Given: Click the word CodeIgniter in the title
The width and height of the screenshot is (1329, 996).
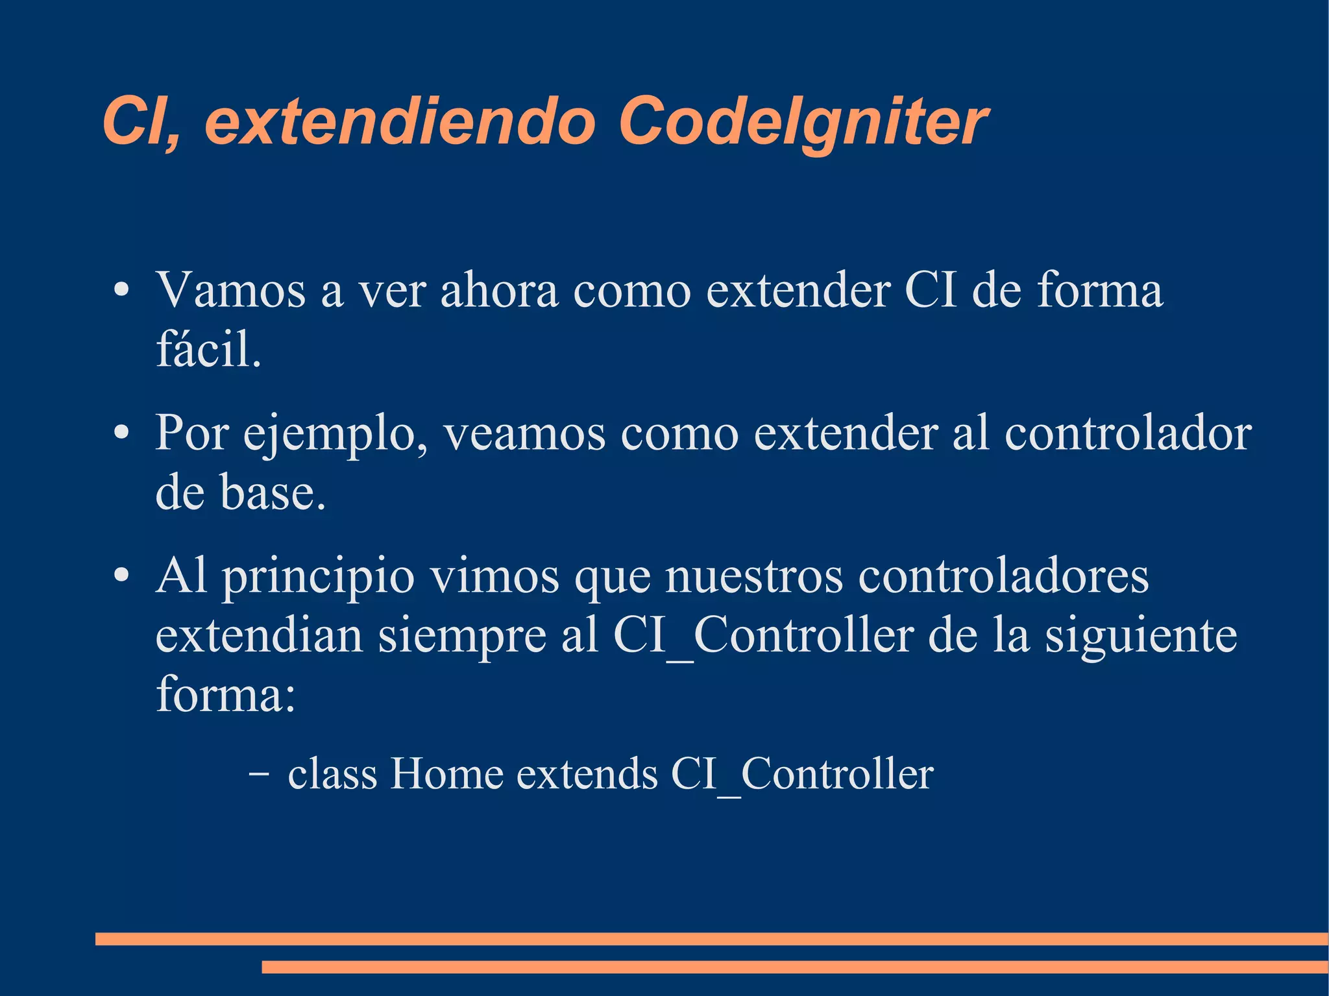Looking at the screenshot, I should pyautogui.click(x=803, y=121).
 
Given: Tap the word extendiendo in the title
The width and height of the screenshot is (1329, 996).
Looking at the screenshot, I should pyautogui.click(x=400, y=121).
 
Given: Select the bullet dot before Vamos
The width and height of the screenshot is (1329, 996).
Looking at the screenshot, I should pyautogui.click(x=121, y=290).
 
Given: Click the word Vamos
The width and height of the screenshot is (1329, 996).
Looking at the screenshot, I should pyautogui.click(x=230, y=290).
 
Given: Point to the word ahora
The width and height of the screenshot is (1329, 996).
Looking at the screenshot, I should pyautogui.click(x=499, y=290).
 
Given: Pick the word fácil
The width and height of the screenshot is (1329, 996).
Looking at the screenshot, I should pyautogui.click(x=208, y=350).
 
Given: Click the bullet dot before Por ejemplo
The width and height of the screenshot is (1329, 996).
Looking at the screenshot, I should pyautogui.click(x=121, y=433).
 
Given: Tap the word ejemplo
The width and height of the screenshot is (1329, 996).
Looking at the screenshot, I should pyautogui.click(x=335, y=435).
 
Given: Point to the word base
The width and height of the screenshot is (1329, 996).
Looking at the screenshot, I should pyautogui.click(x=273, y=493).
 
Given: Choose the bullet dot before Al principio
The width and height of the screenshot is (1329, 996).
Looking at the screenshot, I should pyautogui.click(x=121, y=576).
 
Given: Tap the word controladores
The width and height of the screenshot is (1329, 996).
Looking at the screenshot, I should pyautogui.click(x=1003, y=576).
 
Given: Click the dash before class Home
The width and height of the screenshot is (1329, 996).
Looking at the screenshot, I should pyautogui.click(x=259, y=774).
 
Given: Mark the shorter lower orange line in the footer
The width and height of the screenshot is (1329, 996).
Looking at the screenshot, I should pyautogui.click(x=794, y=967).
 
